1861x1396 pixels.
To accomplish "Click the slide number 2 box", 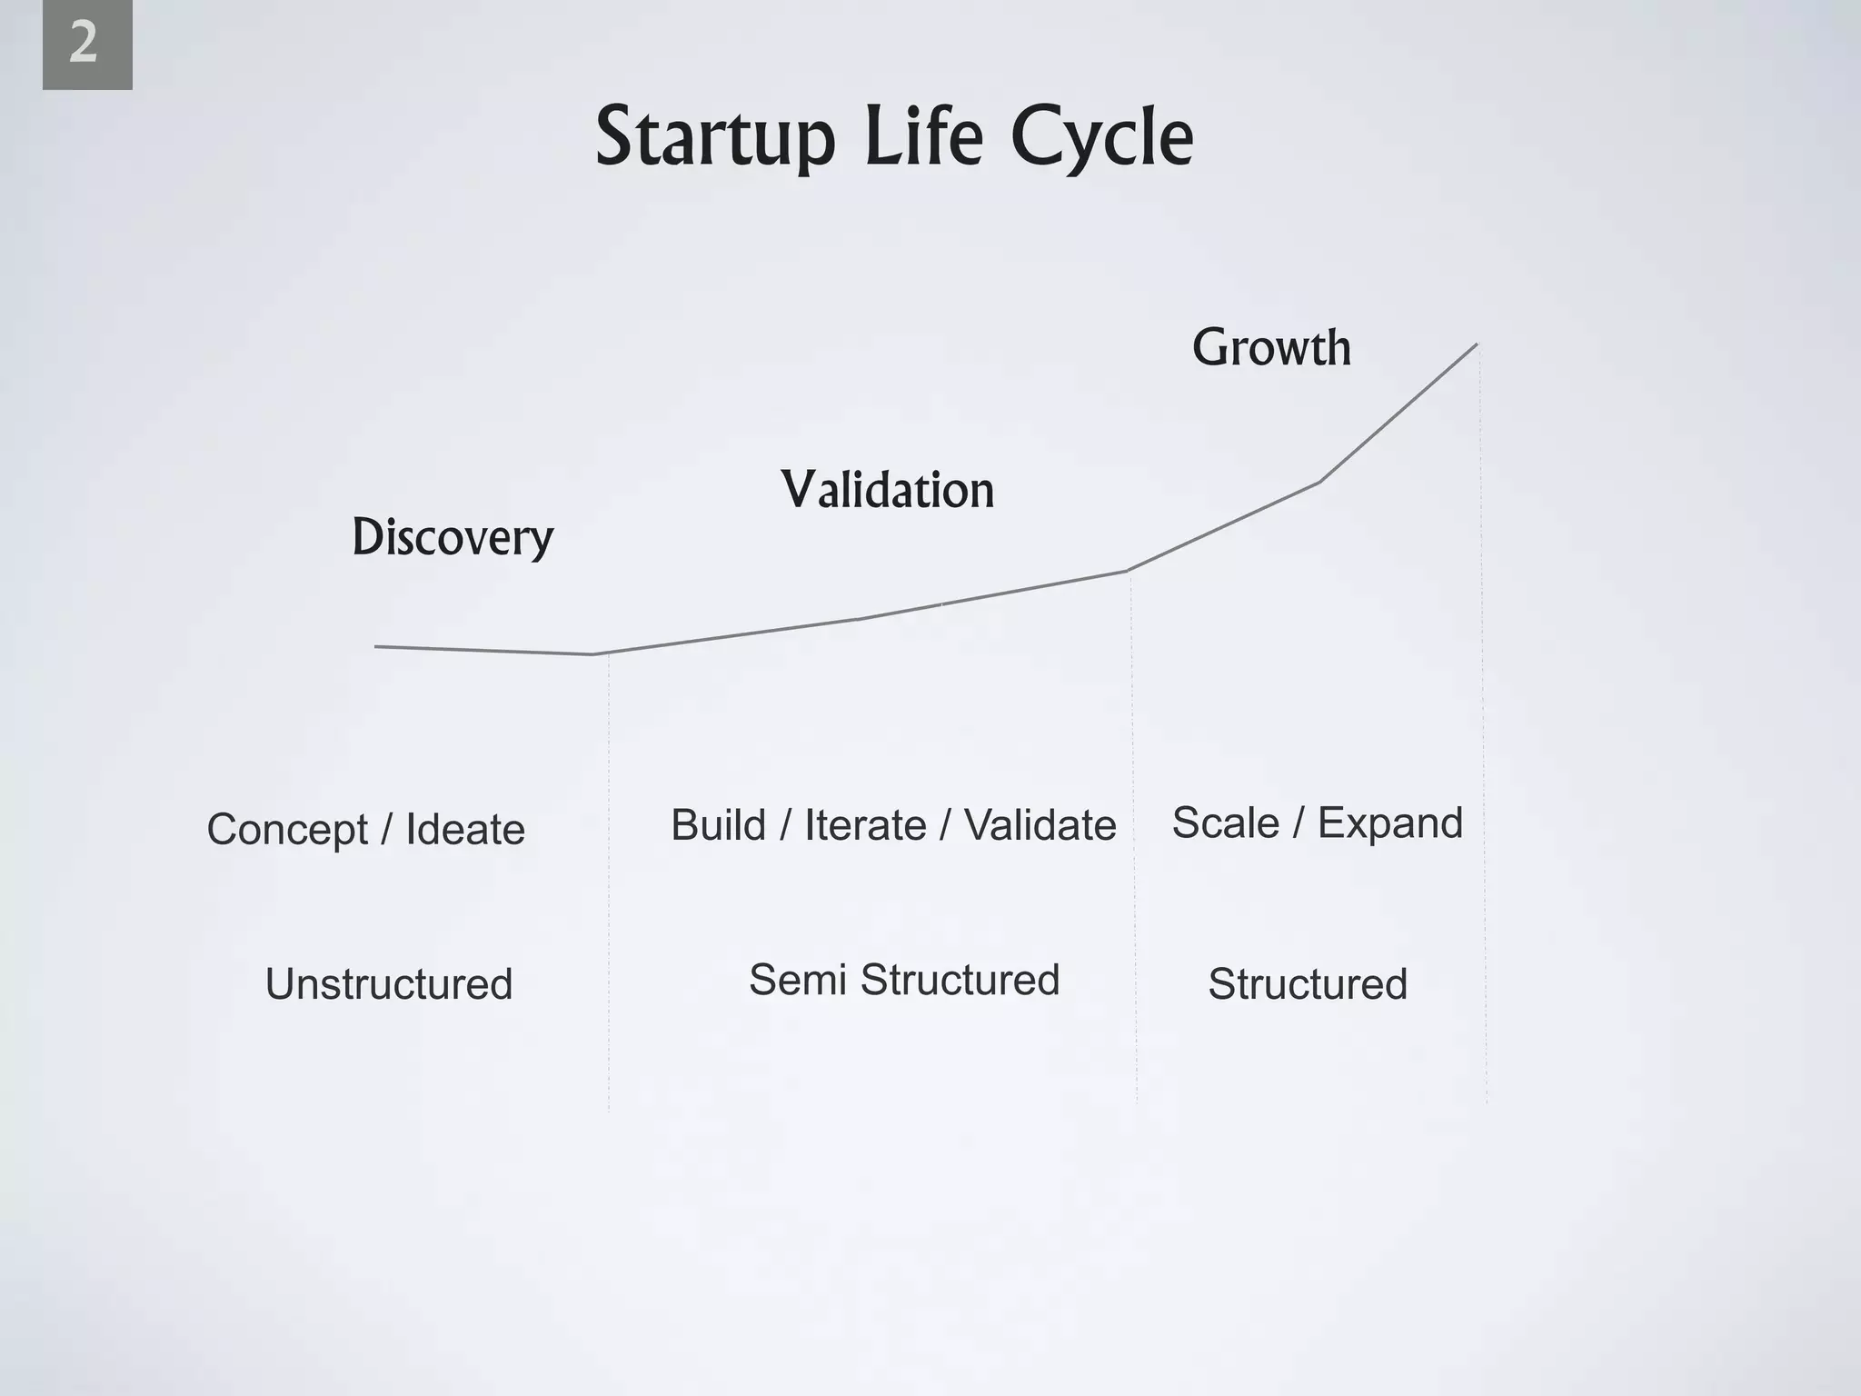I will (86, 45).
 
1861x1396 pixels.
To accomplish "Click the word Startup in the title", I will (714, 138).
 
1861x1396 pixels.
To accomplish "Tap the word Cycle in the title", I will (1101, 138).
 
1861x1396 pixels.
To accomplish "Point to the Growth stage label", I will (1270, 348).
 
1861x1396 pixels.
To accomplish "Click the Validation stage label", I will (888, 491).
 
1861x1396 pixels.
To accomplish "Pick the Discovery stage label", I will (453, 538).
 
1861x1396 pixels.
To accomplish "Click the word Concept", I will (287, 830).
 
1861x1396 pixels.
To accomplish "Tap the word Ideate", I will (464, 829).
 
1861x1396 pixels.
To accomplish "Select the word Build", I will (718, 825).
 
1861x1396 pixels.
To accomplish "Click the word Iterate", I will (865, 825).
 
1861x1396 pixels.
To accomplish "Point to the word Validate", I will (1040, 825).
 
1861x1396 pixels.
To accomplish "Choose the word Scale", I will (1225, 823).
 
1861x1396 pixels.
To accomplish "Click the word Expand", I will (1389, 823).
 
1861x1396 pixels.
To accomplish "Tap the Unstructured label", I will (389, 984).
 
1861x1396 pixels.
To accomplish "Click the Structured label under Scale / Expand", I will (1307, 984).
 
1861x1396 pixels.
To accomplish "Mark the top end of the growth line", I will (1476, 344).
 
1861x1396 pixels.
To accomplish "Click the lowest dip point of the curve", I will (592, 654).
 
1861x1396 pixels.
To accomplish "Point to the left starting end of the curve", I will (377, 646).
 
